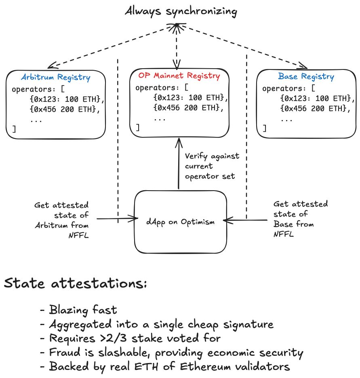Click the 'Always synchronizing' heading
(180, 11)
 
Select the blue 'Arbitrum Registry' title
(56, 77)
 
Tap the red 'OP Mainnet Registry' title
(179, 76)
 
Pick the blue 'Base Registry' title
(306, 76)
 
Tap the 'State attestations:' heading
(75, 284)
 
